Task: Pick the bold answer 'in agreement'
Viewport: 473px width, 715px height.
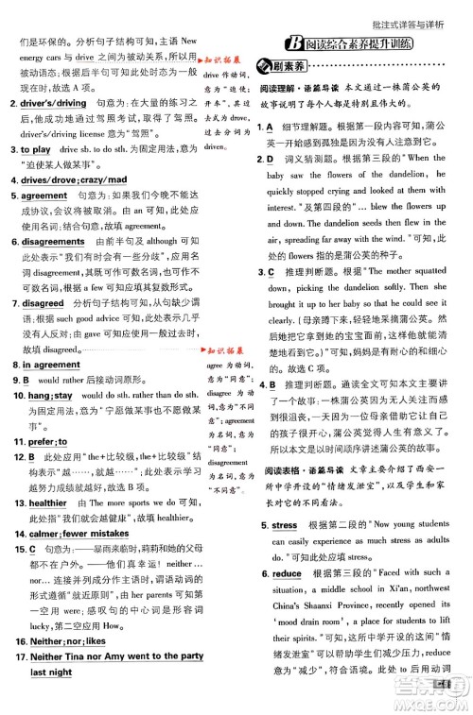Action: click(46, 365)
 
